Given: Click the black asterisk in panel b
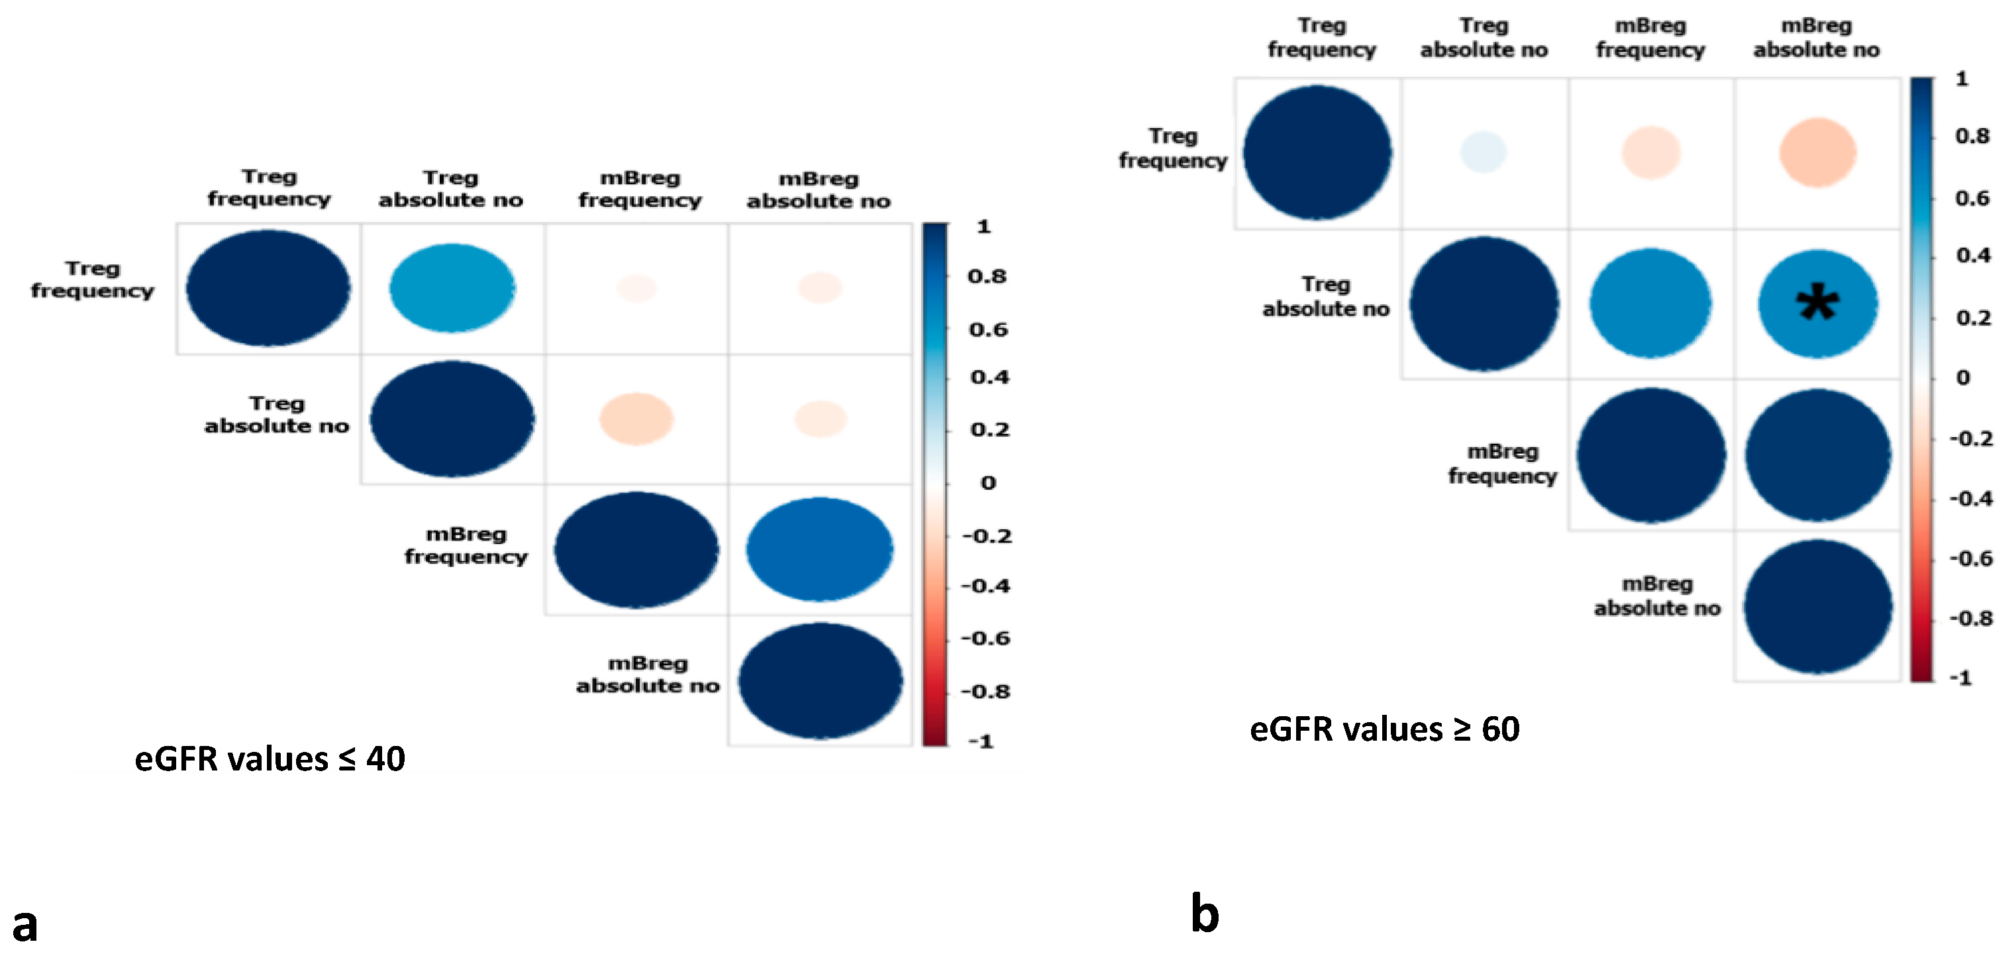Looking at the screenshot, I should coord(1817,303).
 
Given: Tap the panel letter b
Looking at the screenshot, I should coord(1205,914).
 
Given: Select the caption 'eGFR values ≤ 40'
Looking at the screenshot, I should coord(270,759).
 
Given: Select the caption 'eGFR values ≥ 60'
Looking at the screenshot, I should coord(1384,729).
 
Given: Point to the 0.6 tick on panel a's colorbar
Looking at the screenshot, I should coord(988,329).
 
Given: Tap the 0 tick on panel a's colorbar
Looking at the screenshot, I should coord(987,483).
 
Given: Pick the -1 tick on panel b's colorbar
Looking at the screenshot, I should coord(1960,678).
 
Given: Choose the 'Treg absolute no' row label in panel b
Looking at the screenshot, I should coord(1326,297).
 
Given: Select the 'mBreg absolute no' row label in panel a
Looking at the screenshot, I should coord(647,674).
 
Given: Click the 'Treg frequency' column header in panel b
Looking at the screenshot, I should coord(1322,38).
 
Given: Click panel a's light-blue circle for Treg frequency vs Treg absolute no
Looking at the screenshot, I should coord(452,288).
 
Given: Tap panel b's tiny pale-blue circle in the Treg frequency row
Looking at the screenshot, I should coord(1483,152).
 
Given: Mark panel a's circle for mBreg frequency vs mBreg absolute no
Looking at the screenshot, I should coord(819,549).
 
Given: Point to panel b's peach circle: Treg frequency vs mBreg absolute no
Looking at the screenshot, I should coord(1817,152).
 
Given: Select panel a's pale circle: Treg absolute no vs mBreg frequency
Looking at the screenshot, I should coord(636,419).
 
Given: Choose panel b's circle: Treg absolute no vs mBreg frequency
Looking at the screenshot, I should coord(1650,303).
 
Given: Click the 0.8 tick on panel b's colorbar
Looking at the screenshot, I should coord(1972,136).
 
